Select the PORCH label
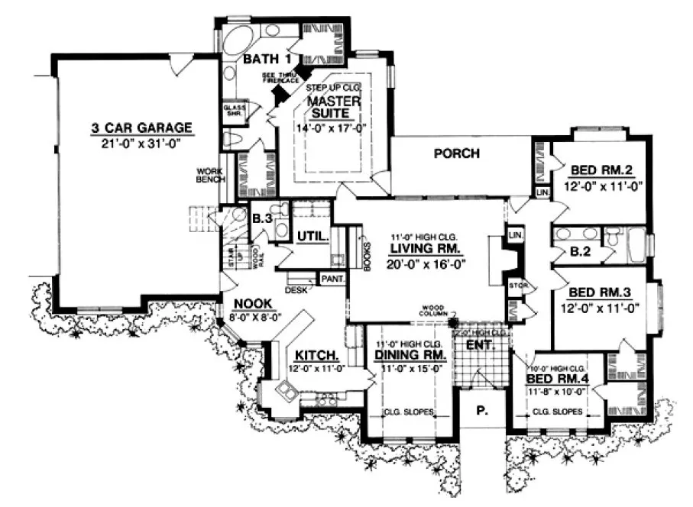(x=457, y=153)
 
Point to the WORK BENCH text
(x=210, y=175)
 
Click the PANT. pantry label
(x=332, y=279)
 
